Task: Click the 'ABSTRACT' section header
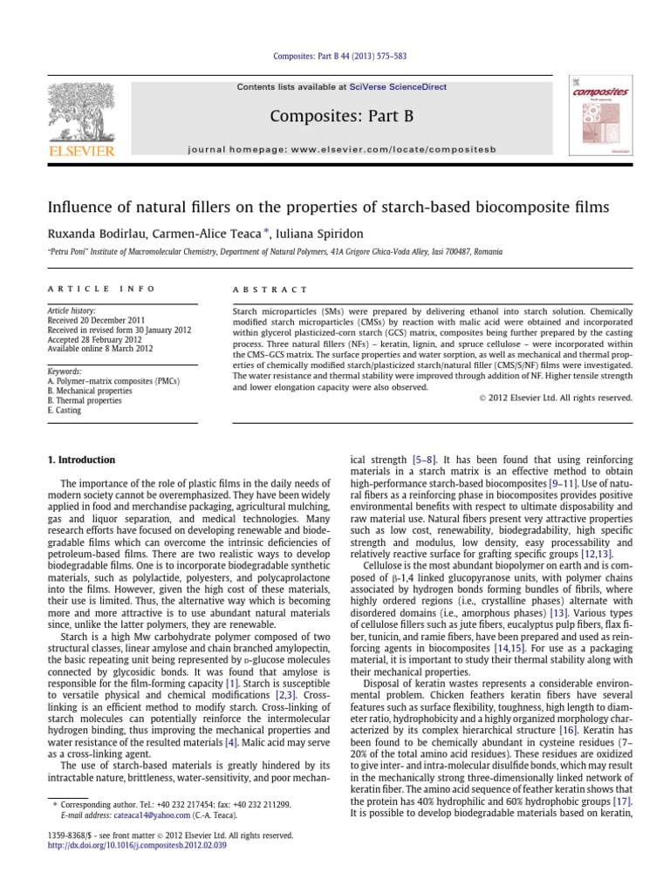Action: pyautogui.click(x=270, y=289)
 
